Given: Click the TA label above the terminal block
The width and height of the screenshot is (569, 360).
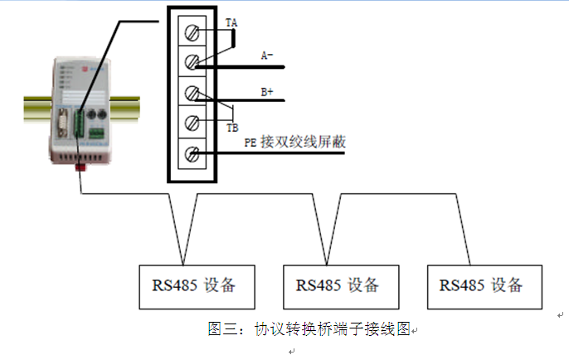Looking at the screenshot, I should point(231,25).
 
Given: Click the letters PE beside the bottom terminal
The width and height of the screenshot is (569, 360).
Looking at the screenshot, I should point(248,144).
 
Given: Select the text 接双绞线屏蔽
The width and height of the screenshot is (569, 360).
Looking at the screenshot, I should point(303,143).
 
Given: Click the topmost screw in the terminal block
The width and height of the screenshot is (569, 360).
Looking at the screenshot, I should point(193,34).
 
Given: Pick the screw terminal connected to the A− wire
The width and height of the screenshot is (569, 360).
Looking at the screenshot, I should point(193,62).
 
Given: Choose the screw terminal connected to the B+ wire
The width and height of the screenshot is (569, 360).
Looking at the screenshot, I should point(193,93).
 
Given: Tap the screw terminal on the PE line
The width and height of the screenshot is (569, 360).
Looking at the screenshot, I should point(193,153).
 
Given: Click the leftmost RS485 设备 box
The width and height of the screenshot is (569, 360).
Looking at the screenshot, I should point(194,285).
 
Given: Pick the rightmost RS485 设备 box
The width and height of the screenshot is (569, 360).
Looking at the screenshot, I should point(484,285).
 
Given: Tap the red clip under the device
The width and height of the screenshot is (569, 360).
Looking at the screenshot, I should point(80,167).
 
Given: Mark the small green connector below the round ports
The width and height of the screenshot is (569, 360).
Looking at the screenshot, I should point(97,132).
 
